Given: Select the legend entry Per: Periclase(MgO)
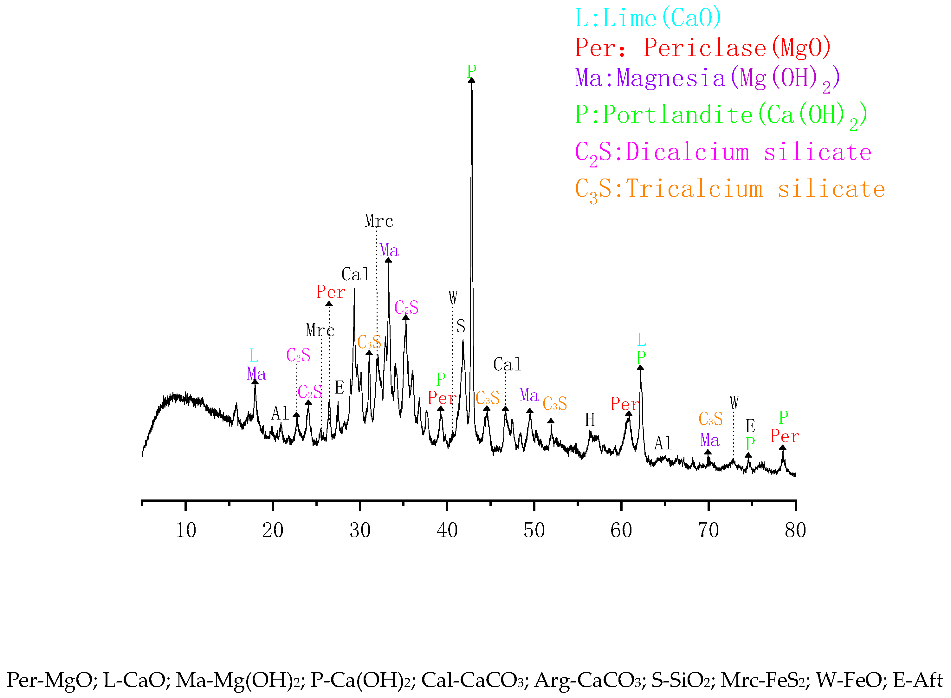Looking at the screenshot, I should click(703, 48).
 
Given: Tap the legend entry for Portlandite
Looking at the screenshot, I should click(721, 115).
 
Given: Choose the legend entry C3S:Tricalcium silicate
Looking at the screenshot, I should click(730, 189).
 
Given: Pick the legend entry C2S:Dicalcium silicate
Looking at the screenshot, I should click(723, 153).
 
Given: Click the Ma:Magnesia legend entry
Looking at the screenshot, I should click(707, 79).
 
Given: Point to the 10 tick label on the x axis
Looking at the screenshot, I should click(186, 531).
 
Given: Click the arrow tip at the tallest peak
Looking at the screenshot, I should click(472, 80).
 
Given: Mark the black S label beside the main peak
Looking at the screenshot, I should click(461, 327).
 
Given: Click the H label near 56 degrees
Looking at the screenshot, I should click(590, 421).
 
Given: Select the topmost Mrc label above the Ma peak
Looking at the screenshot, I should click(379, 221).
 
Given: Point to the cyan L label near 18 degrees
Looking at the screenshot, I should click(254, 356).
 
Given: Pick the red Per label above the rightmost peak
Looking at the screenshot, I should click(785, 436).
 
